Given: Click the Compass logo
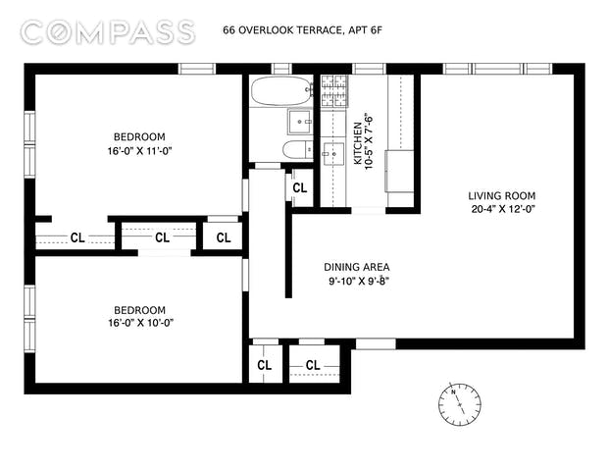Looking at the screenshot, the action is pyautogui.click(x=108, y=32).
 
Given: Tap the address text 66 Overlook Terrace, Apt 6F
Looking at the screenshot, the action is pyautogui.click(x=303, y=30).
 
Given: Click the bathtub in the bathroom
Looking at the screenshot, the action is pyautogui.click(x=281, y=90).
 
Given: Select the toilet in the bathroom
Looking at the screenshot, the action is pyautogui.click(x=297, y=149).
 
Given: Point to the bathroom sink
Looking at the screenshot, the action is pyautogui.click(x=299, y=122).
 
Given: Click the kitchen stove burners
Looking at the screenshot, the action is pyautogui.click(x=334, y=90).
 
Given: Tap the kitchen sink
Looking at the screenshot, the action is pyautogui.click(x=333, y=154).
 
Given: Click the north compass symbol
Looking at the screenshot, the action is pyautogui.click(x=460, y=403).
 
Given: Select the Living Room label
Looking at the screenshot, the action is pyautogui.click(x=502, y=196).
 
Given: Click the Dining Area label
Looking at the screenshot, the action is pyautogui.click(x=357, y=267).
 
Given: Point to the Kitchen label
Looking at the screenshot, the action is pyautogui.click(x=358, y=143).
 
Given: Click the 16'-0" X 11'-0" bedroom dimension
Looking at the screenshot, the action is pyautogui.click(x=140, y=151).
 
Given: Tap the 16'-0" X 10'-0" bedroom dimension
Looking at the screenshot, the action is pyautogui.click(x=140, y=323).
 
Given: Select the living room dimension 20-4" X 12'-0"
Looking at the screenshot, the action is pyautogui.click(x=503, y=209).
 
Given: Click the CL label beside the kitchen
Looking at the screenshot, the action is pyautogui.click(x=300, y=188).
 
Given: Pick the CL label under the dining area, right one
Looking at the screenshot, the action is pyautogui.click(x=313, y=365).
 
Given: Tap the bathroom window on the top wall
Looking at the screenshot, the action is pyautogui.click(x=281, y=69).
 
